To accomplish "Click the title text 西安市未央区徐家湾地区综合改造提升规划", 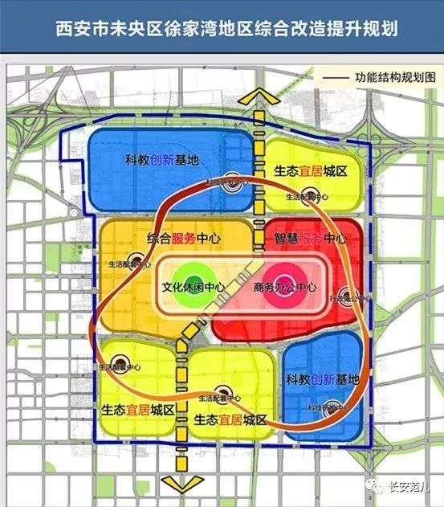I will pos(222,30).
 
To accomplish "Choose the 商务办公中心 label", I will pos(284,287).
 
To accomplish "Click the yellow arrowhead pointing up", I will pos(258,95).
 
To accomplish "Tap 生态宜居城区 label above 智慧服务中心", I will pos(310,171).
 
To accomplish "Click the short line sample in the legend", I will pos(336,79).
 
